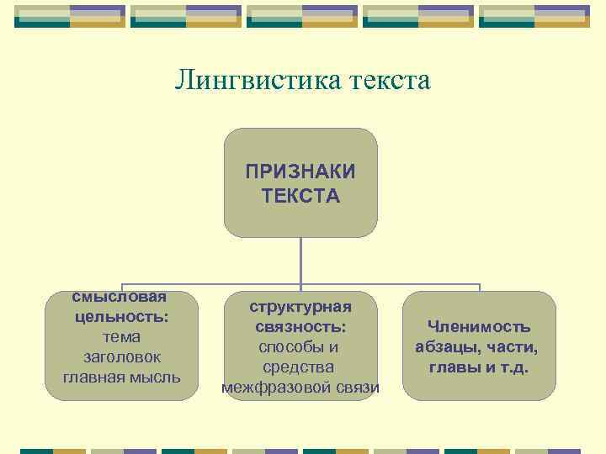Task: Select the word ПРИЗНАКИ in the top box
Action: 300,172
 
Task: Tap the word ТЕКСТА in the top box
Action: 300,196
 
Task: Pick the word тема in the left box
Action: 121,337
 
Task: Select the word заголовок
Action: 121,357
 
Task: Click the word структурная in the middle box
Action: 300,307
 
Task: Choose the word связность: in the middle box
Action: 300,327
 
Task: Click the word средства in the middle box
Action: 300,367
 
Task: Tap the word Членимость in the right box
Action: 479,327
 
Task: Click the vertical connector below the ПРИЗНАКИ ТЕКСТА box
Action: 300,261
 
